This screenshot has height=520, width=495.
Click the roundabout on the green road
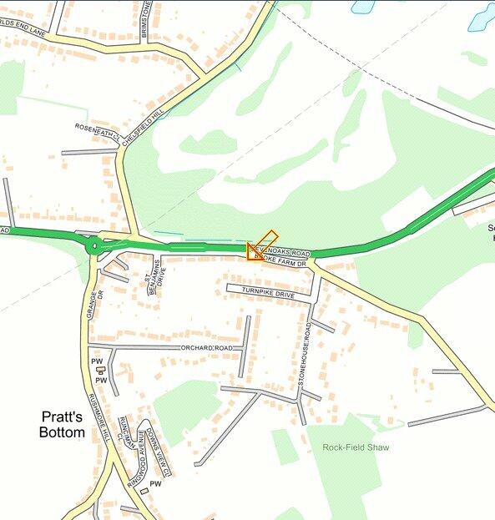[94, 245]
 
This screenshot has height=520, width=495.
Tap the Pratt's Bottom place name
[62, 424]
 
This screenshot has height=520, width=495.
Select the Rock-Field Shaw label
[356, 448]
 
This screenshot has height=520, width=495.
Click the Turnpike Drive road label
[269, 295]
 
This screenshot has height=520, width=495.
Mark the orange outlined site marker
[259, 248]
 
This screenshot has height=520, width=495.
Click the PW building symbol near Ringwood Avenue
[144, 491]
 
